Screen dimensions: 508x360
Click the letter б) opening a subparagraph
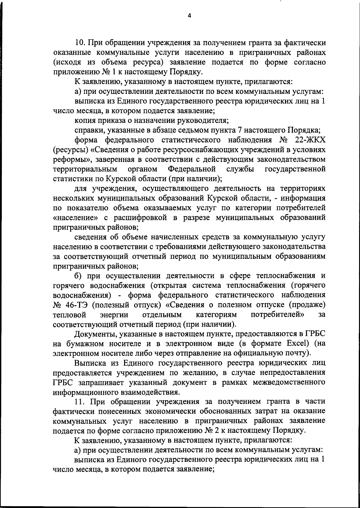[78, 276]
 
